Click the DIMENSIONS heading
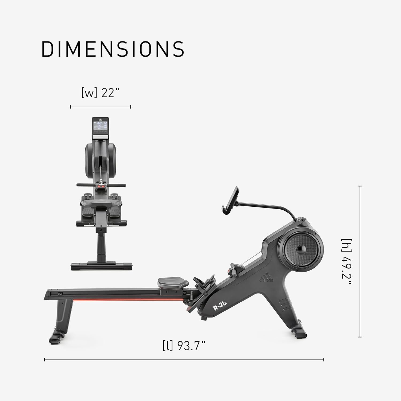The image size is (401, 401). point(113,49)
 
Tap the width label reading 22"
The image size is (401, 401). point(100,93)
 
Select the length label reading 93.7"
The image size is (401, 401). point(184,346)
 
